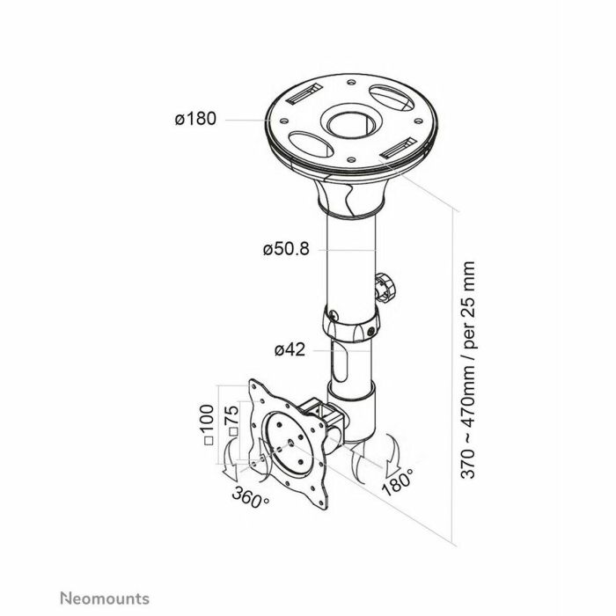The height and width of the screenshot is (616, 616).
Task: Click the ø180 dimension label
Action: click(x=195, y=119)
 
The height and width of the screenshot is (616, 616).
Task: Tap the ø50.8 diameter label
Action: click(x=286, y=249)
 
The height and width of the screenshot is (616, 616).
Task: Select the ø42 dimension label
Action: click(x=290, y=349)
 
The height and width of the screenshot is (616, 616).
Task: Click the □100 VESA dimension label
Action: click(x=209, y=425)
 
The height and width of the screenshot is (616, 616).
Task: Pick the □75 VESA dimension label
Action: click(x=231, y=421)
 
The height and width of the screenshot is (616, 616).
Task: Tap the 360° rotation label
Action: click(x=250, y=497)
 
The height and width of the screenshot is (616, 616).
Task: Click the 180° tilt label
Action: click(x=398, y=481)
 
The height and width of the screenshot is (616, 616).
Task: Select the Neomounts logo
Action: click(x=105, y=598)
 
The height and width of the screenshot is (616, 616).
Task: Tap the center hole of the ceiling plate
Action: click(x=351, y=126)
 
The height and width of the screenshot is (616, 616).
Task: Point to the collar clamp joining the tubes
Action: click(x=351, y=323)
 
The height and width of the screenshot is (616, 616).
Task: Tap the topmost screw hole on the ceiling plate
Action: click(x=352, y=82)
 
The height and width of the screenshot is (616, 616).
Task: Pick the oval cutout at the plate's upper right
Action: click(x=392, y=98)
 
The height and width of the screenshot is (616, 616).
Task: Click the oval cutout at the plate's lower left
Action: click(x=312, y=144)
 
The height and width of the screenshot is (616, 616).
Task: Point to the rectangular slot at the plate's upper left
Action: click(x=304, y=94)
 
